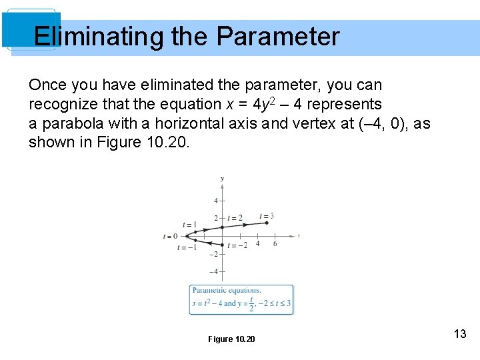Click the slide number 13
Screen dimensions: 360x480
(x=459, y=334)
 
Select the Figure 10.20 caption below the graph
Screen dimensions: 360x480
(x=231, y=339)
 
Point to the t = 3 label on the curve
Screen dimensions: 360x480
(x=267, y=216)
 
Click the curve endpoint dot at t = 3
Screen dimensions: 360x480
(x=267, y=223)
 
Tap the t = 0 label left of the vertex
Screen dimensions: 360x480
(x=171, y=236)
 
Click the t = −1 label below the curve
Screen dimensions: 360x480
(x=187, y=247)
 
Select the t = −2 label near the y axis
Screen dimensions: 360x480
(x=237, y=245)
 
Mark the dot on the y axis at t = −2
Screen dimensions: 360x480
(x=223, y=245)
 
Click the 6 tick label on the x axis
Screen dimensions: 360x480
(x=275, y=244)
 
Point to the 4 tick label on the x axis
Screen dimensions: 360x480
(x=257, y=244)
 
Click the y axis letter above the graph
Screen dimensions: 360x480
(x=222, y=178)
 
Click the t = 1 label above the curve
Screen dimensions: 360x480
(x=189, y=225)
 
